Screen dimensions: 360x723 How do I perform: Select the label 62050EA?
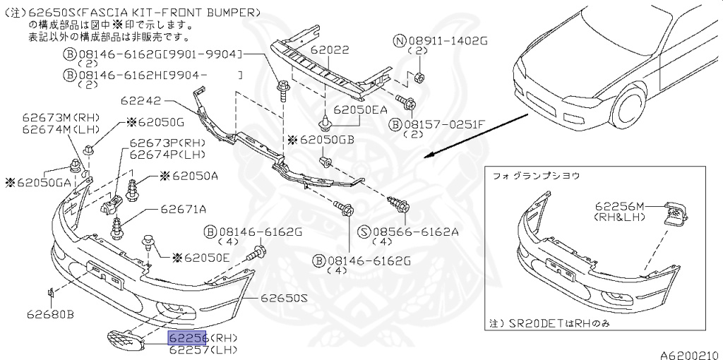(x=361, y=110)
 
